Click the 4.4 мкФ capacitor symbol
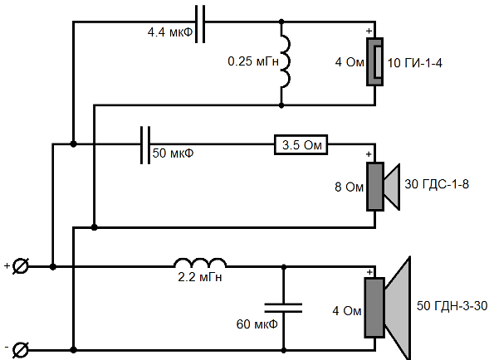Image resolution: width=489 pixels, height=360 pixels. click(x=200, y=24)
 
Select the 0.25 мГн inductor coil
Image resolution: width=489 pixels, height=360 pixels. click(x=286, y=61)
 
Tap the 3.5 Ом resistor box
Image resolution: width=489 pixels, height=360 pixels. click(x=301, y=144)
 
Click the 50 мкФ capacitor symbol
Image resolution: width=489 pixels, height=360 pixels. click(x=145, y=145)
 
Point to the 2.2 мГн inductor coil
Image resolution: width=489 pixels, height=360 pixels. click(x=200, y=263)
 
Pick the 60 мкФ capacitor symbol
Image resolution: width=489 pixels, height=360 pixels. click(x=283, y=308)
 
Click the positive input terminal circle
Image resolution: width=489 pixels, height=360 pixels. click(x=21, y=266)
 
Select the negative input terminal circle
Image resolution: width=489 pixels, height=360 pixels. click(x=21, y=350)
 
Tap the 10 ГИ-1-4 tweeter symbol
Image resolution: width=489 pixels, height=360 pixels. click(x=375, y=61)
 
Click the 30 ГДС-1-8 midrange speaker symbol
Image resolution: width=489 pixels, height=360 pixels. click(x=384, y=187)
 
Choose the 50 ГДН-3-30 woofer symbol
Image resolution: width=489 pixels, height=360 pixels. click(x=388, y=308)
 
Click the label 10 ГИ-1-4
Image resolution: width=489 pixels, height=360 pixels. click(x=415, y=63)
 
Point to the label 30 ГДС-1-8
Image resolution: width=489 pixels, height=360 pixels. click(x=437, y=184)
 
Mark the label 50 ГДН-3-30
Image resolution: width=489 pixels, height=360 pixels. click(x=452, y=306)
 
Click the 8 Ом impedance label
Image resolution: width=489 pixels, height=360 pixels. click(x=349, y=187)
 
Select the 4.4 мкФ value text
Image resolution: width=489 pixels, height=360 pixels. click(x=170, y=32)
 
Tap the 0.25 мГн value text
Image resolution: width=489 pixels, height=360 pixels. click(x=253, y=61)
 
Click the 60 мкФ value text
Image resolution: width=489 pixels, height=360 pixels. click(x=257, y=324)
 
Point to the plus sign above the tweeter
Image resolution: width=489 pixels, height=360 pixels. click(x=369, y=31)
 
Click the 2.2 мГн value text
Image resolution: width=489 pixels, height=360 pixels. click(x=200, y=277)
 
